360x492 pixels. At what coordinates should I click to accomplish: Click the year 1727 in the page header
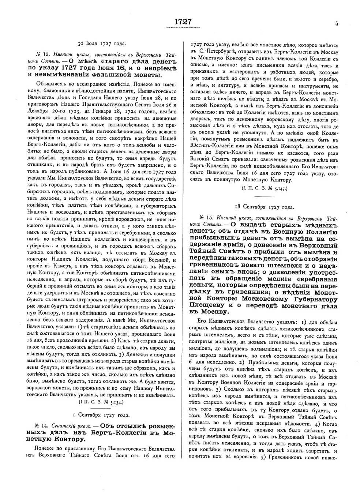183,22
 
